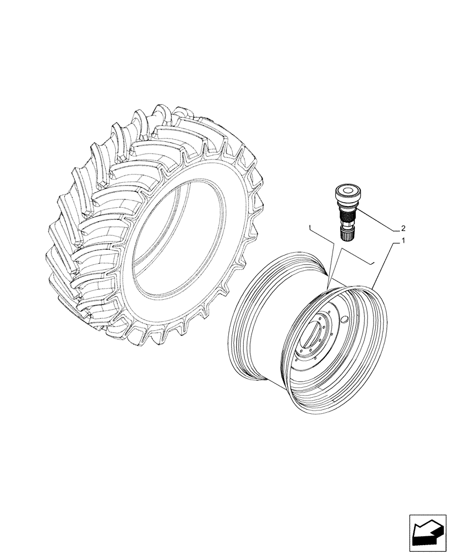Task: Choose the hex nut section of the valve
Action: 346,226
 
